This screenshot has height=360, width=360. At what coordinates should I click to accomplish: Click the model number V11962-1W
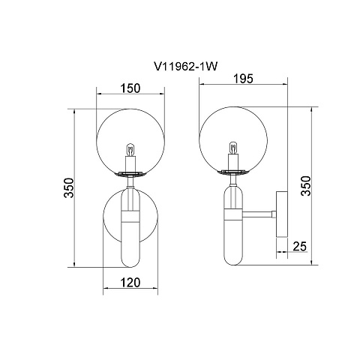coord(186,67)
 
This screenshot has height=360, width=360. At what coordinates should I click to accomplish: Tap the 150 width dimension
coord(130,88)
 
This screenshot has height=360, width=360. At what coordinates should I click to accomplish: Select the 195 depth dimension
coord(243,79)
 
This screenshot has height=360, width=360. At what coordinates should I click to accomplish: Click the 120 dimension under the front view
coord(130,283)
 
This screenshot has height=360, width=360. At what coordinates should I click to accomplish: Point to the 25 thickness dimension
coord(299,246)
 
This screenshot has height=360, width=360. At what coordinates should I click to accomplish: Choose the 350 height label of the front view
coord(69,187)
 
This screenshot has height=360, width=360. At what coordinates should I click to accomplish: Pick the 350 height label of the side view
coord(305,186)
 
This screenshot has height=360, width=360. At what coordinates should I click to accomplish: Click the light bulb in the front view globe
coord(130,149)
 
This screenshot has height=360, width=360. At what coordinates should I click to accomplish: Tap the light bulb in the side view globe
coord(233,148)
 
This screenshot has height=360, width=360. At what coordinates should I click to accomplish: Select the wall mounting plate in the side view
coord(282,214)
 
